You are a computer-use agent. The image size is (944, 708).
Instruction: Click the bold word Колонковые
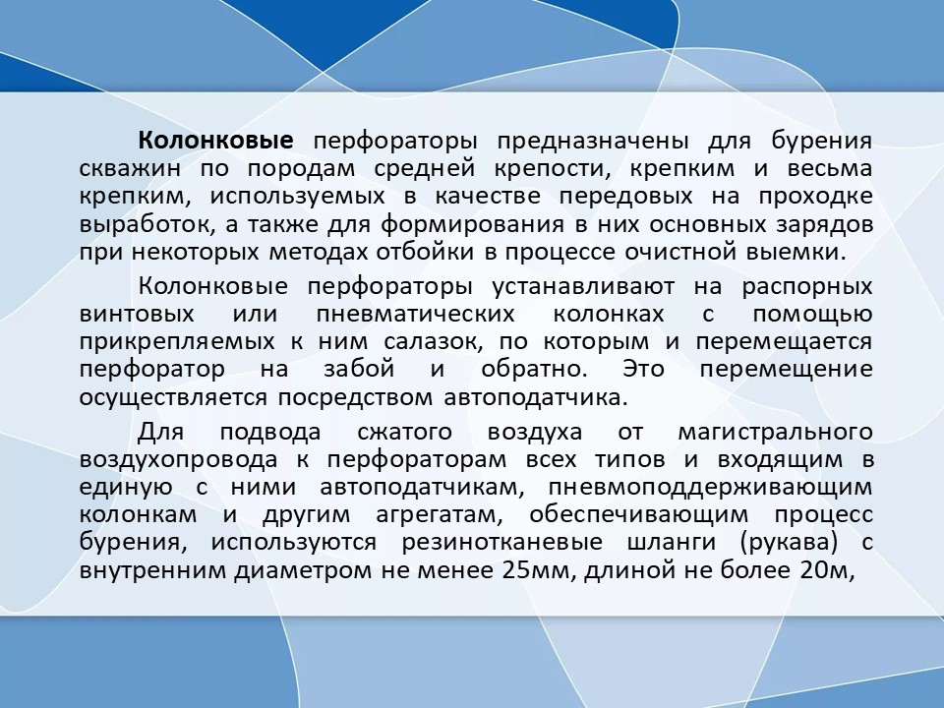(215, 141)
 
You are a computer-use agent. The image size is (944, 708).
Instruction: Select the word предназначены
(593, 142)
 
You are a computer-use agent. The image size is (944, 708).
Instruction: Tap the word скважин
(130, 168)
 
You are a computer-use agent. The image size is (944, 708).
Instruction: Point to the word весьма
(830, 168)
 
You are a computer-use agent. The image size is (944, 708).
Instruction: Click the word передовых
(626, 198)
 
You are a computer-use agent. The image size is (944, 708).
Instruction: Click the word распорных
(807, 288)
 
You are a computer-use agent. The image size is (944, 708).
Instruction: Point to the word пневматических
(415, 315)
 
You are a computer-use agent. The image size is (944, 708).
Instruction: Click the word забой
(359, 369)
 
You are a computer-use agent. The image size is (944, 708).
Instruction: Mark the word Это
(643, 369)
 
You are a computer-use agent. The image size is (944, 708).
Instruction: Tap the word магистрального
(776, 434)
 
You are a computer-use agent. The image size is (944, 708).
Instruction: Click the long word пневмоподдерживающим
(710, 487)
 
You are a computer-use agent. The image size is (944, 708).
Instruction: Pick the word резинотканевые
(502, 543)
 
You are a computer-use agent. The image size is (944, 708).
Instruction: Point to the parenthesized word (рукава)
(790, 544)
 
